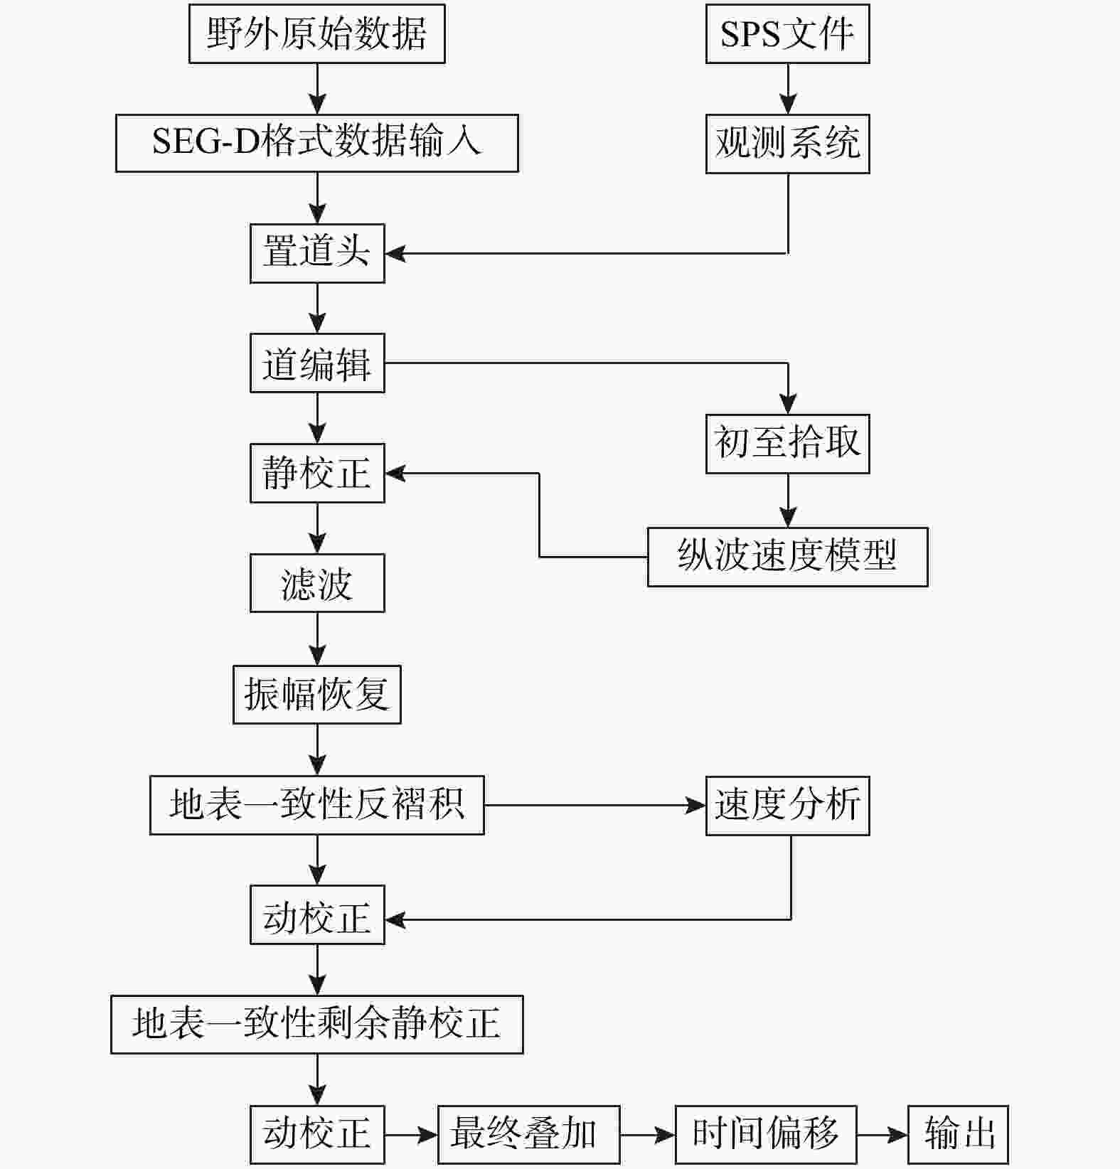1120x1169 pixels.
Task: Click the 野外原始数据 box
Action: pos(317,33)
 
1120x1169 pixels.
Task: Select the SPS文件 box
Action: pos(788,33)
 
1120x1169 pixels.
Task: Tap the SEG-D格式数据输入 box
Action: pos(317,143)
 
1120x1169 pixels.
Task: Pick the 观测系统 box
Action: pos(788,143)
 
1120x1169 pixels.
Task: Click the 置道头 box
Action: pos(317,253)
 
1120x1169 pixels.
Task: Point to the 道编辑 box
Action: pos(317,363)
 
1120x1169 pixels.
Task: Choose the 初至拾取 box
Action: pos(788,444)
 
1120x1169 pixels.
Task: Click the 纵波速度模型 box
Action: pos(788,557)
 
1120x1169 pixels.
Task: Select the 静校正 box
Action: pos(317,473)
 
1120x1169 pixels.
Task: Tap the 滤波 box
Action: pos(317,583)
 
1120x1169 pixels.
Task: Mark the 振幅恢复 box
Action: pos(317,695)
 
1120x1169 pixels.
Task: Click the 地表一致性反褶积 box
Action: pos(317,805)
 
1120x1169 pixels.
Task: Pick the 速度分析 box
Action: pos(788,806)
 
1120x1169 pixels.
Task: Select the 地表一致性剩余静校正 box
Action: pos(317,1025)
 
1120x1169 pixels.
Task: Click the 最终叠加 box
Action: pos(529,1135)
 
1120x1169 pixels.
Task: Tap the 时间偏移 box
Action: pos(766,1135)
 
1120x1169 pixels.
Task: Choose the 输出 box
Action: pos(959,1135)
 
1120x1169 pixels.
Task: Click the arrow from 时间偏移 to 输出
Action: pos(882,1135)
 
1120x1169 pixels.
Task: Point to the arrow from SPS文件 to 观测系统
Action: pos(788,89)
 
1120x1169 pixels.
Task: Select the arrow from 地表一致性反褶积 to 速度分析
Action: pos(595,806)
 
